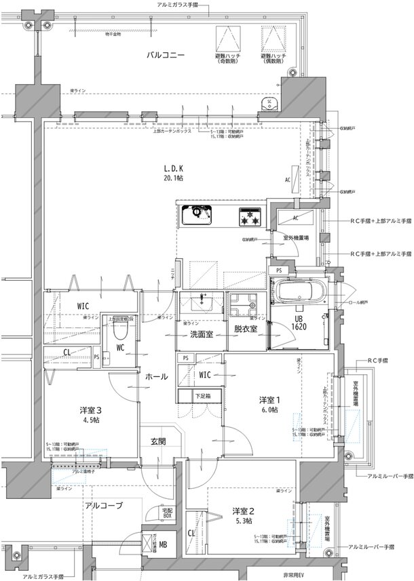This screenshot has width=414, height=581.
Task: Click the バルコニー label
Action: [166, 55]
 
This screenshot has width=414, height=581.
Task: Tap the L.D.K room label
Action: [172, 168]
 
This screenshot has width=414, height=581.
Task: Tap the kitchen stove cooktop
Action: [247, 217]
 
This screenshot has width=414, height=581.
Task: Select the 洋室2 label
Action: [242, 510]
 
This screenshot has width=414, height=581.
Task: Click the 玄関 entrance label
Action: [159, 441]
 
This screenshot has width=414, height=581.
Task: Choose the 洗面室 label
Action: [202, 334]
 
